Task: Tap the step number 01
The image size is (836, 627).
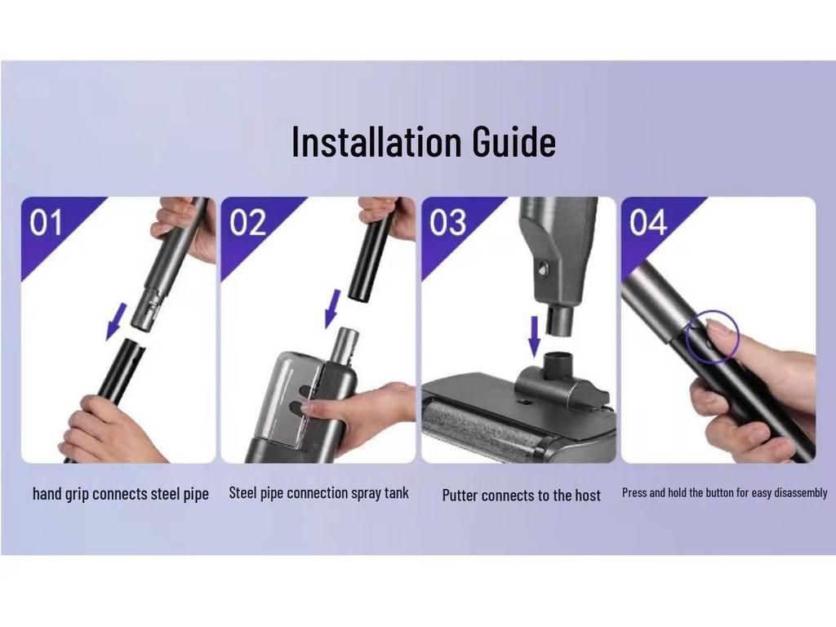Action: (47, 223)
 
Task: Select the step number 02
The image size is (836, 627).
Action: (247, 223)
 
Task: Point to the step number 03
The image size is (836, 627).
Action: (447, 223)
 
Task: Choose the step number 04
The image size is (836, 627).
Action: (647, 223)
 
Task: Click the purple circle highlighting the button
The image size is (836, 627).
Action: (711, 336)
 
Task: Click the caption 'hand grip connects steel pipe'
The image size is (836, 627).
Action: (121, 494)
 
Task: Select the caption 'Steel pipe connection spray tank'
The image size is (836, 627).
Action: (318, 493)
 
